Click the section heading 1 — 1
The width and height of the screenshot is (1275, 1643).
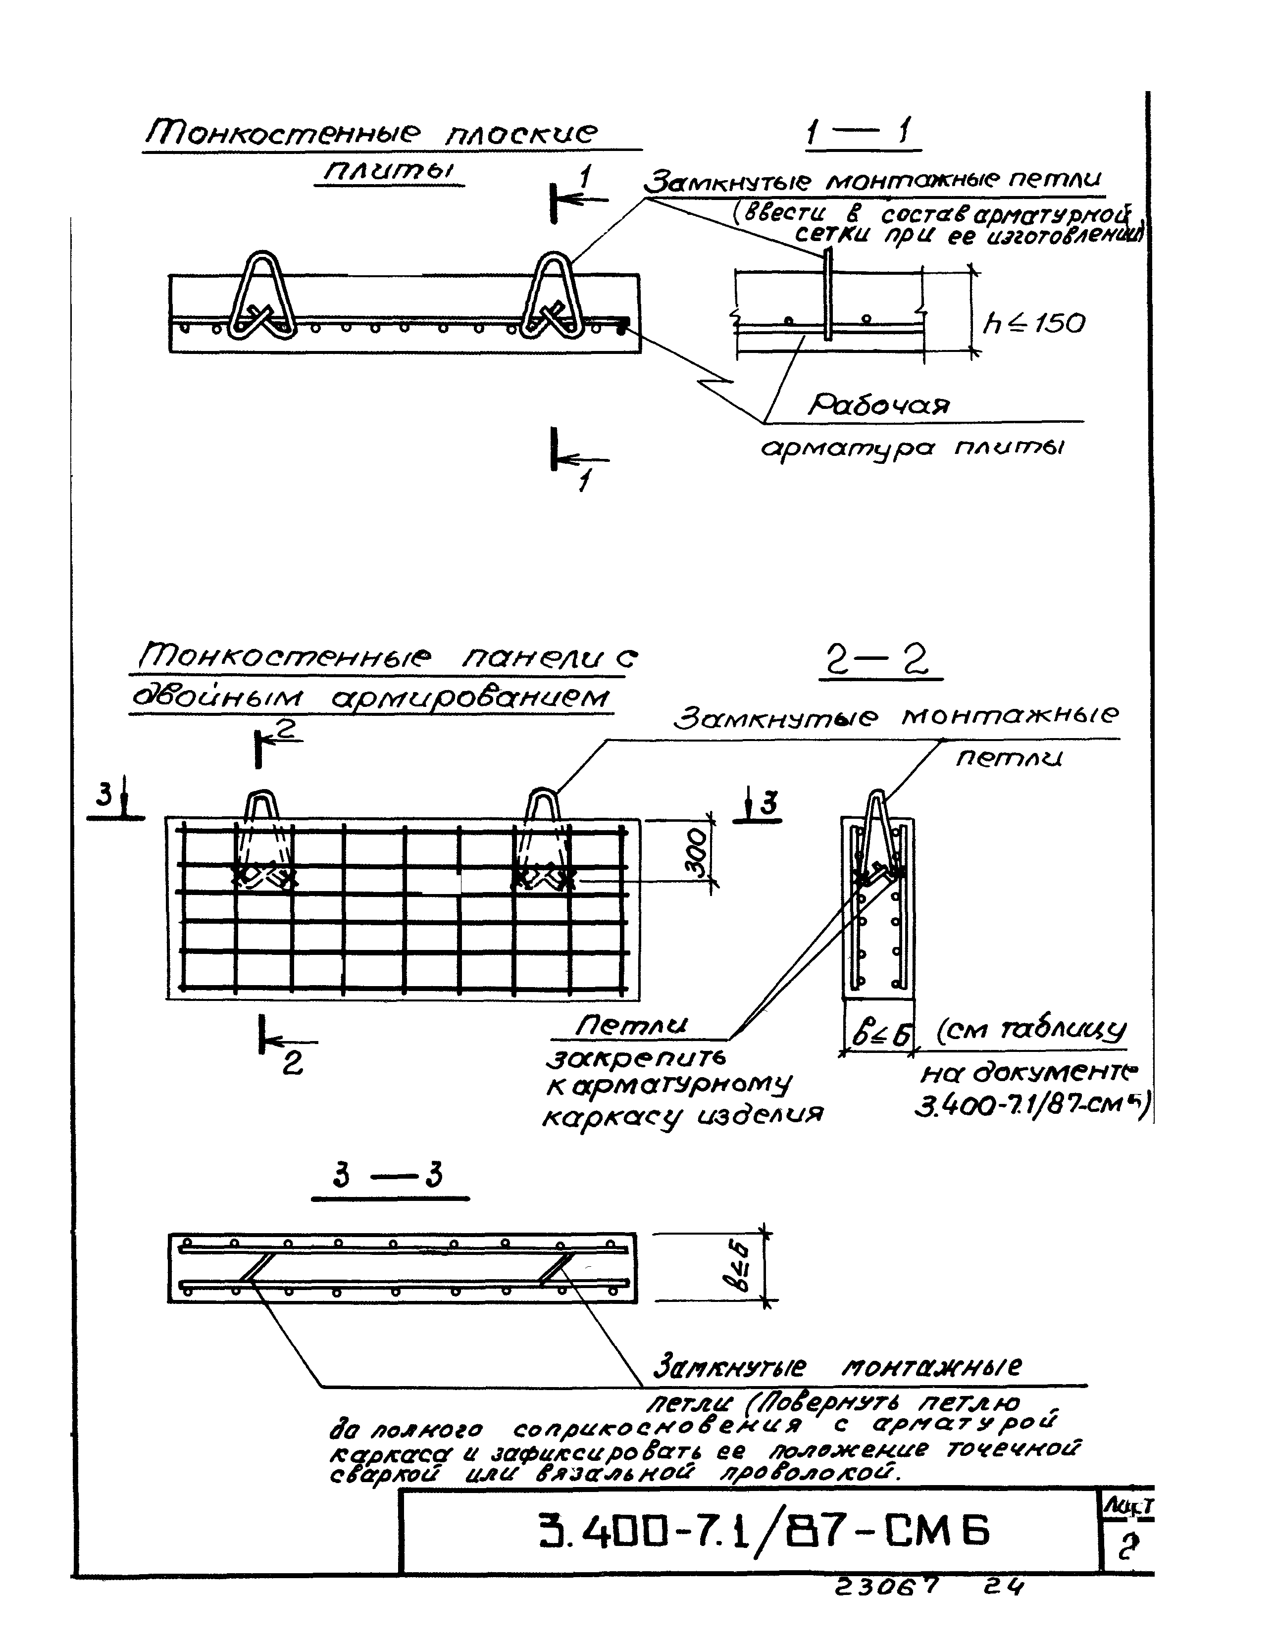pyautogui.click(x=861, y=136)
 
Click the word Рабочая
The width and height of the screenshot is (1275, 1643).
pyautogui.click(x=878, y=406)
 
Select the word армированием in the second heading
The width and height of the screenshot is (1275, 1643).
pyautogui.click(x=470, y=697)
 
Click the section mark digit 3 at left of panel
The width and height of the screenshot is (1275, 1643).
pyautogui.click(x=105, y=795)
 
